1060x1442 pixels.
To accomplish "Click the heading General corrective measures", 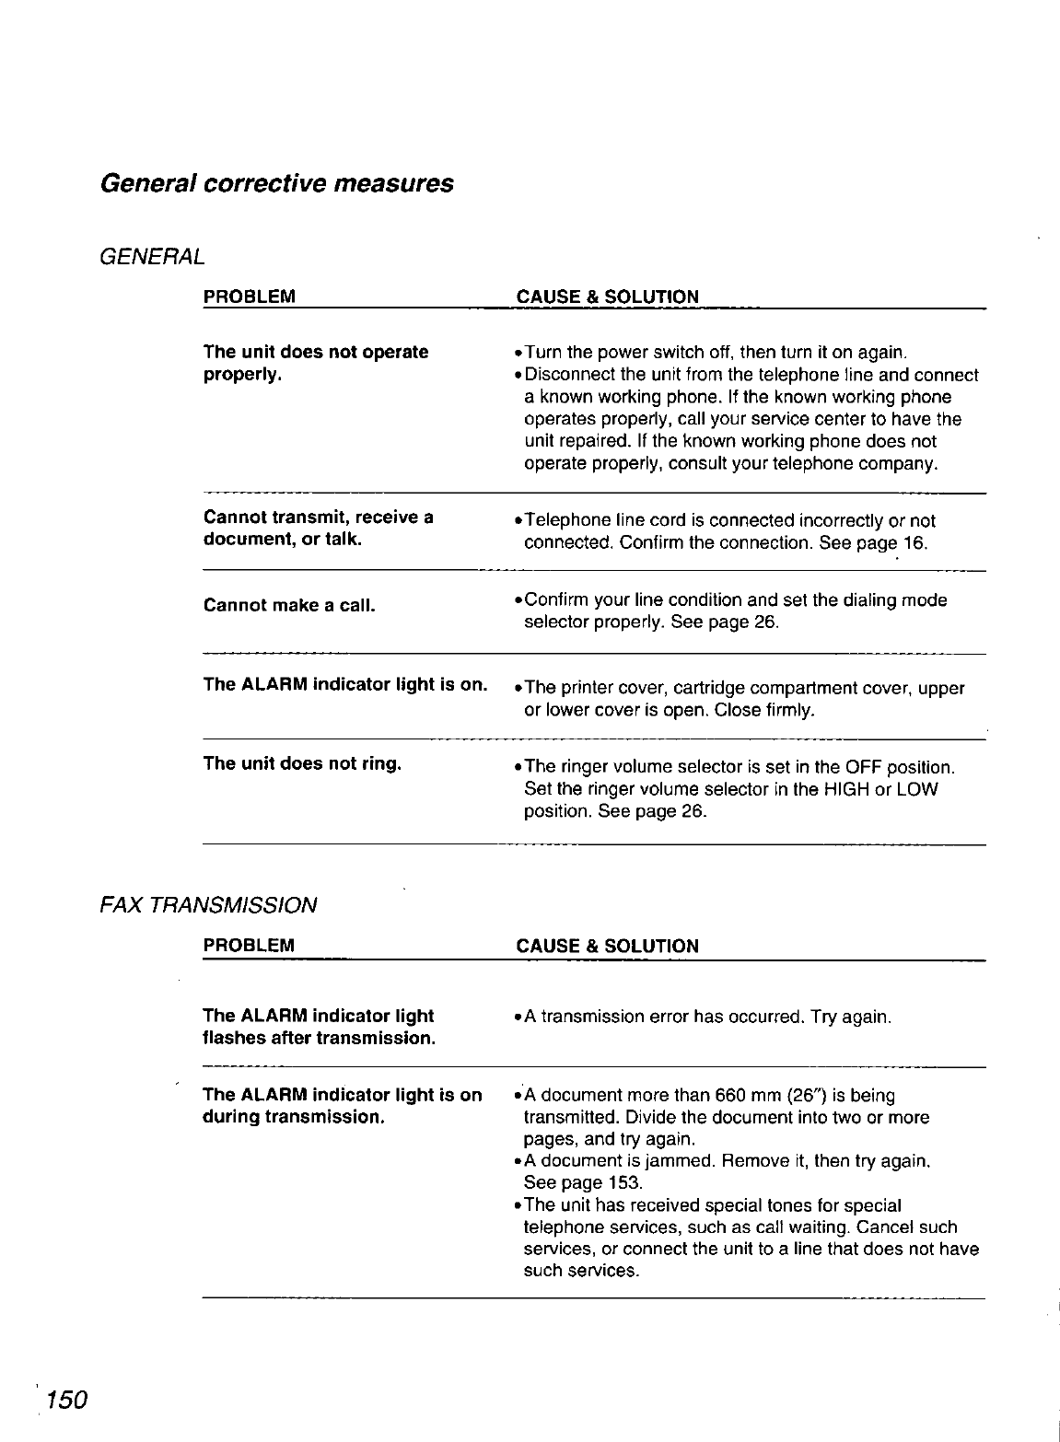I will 276,182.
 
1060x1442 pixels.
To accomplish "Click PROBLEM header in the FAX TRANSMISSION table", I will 249,946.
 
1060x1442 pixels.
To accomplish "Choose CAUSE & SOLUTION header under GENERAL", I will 608,297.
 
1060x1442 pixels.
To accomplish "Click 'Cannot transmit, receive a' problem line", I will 318,517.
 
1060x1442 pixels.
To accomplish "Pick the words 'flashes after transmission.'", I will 318,1039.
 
